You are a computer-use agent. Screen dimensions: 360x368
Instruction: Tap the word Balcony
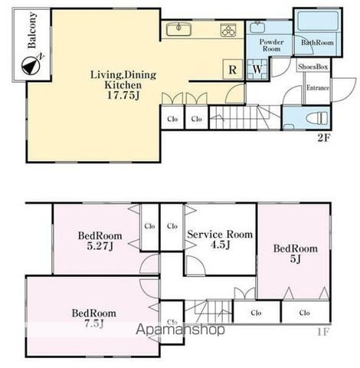[x=32, y=30]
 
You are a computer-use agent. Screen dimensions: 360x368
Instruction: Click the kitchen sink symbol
[x=178, y=29]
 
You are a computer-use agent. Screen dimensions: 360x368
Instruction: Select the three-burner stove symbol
[x=228, y=30]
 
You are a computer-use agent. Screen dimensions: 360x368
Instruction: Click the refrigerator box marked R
[x=233, y=69]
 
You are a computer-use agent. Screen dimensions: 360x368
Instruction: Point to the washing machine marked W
[x=257, y=69]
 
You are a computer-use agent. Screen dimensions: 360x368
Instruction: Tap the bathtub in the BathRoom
[x=318, y=21]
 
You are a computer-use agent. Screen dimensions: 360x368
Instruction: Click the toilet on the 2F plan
[x=317, y=118]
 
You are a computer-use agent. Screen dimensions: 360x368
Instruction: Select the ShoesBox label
[x=313, y=67]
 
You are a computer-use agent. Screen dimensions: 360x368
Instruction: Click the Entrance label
[x=318, y=87]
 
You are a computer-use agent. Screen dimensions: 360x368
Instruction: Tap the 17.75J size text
[x=123, y=96]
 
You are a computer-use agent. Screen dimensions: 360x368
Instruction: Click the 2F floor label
[x=324, y=138]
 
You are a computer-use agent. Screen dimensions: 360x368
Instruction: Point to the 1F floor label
[x=323, y=332]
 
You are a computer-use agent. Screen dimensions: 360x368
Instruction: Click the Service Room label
[x=220, y=235]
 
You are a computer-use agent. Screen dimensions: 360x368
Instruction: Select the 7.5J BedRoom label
[x=94, y=318]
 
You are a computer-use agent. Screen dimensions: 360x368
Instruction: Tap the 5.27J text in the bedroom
[x=100, y=246]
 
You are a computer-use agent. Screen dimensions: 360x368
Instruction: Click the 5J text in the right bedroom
[x=296, y=259]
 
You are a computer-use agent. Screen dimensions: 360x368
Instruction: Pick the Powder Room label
[x=271, y=45]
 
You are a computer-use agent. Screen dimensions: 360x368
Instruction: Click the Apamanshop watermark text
[x=180, y=330]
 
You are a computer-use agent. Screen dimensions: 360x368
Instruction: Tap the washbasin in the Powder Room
[x=257, y=27]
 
